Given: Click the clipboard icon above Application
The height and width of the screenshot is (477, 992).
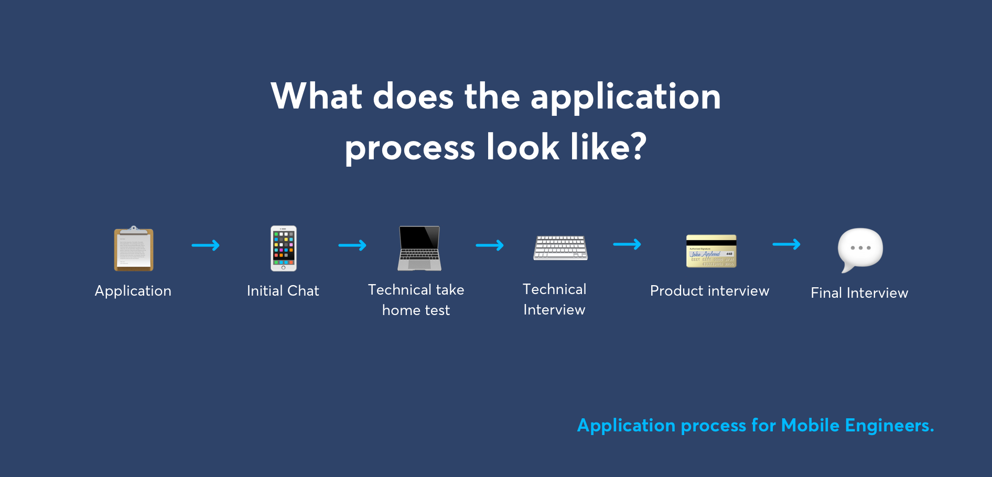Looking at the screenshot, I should point(134,249).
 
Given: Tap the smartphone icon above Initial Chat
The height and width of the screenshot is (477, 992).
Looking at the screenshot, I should point(284,248).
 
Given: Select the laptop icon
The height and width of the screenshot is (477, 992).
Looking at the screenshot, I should point(419,248).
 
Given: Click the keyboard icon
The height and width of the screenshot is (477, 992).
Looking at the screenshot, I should point(560,248).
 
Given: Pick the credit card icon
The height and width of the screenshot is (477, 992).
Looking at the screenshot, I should point(711,251).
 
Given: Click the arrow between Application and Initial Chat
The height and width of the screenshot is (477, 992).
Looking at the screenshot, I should point(206,245).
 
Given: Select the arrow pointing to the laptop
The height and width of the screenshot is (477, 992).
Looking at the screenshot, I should point(352,245).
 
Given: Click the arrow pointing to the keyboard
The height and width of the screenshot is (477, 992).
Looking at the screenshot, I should point(490,245).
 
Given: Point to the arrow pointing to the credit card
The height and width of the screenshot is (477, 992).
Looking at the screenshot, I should point(627,244).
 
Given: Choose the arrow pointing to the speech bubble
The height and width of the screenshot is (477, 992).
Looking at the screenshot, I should point(786,244).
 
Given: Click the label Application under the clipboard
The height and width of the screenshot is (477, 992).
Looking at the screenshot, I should point(133,291).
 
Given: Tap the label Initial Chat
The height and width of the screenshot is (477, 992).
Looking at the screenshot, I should point(283,291).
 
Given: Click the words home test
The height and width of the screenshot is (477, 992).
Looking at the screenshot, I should point(416,310).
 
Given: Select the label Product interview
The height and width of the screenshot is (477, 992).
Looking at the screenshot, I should point(709,291).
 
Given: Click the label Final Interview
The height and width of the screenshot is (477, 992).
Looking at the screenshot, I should point(859,293).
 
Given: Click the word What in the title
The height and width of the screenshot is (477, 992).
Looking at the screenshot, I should point(317,96).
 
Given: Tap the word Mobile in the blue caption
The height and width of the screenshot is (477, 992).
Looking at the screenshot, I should point(810,425).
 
